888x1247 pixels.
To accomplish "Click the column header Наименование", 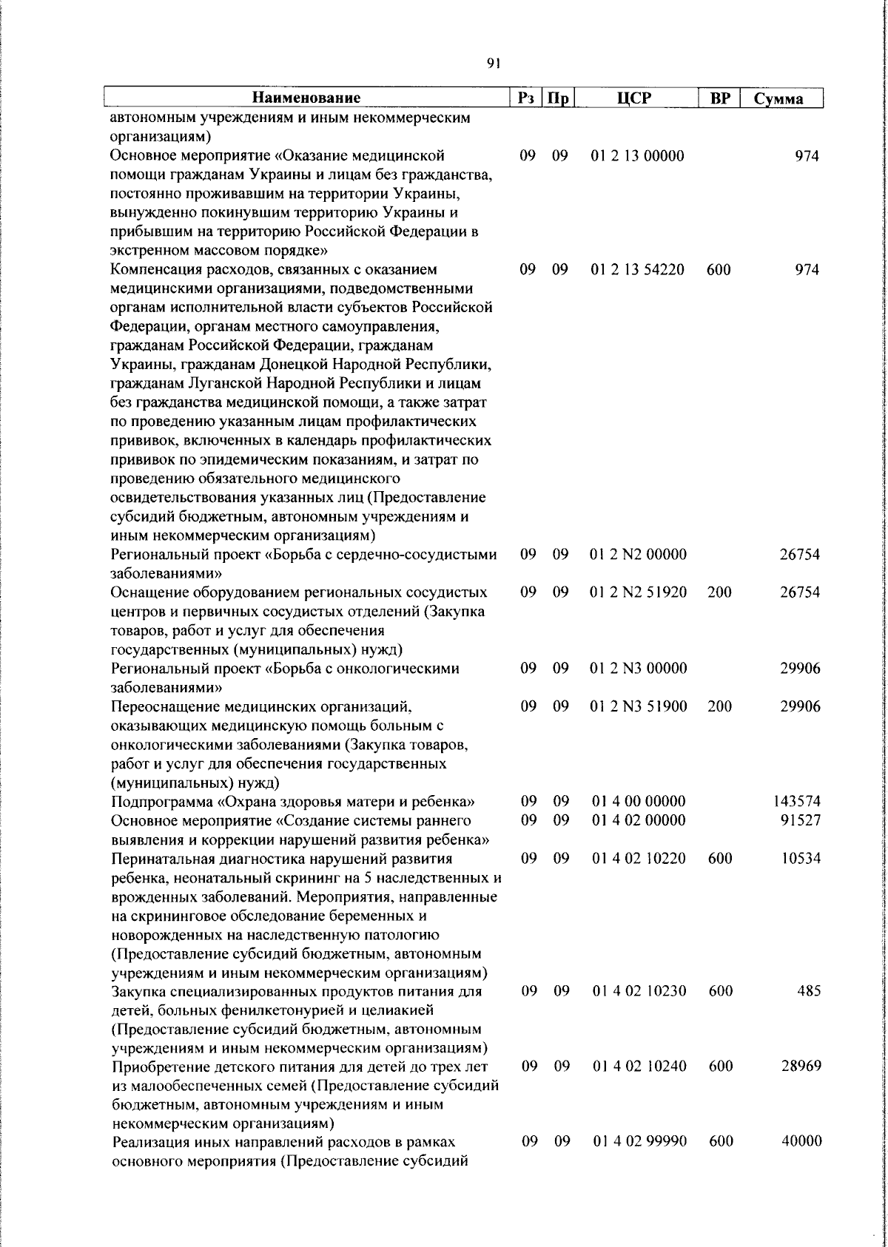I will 306,98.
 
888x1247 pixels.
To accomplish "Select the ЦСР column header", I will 637,98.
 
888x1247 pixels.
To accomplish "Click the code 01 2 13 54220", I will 637,269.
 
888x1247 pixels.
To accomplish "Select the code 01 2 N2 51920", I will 639,592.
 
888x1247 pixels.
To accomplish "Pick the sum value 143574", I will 797,801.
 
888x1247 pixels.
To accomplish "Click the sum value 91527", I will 800,819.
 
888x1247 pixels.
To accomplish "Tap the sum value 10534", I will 800,858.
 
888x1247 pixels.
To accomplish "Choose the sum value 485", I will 808,990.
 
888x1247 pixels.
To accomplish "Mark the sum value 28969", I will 800,1066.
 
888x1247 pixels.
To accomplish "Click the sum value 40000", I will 801,1141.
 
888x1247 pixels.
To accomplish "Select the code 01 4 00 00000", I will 639,801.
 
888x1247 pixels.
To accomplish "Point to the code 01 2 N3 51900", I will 639,706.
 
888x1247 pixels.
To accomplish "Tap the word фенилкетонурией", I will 277,1010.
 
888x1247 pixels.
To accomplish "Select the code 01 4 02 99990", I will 639,1141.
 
